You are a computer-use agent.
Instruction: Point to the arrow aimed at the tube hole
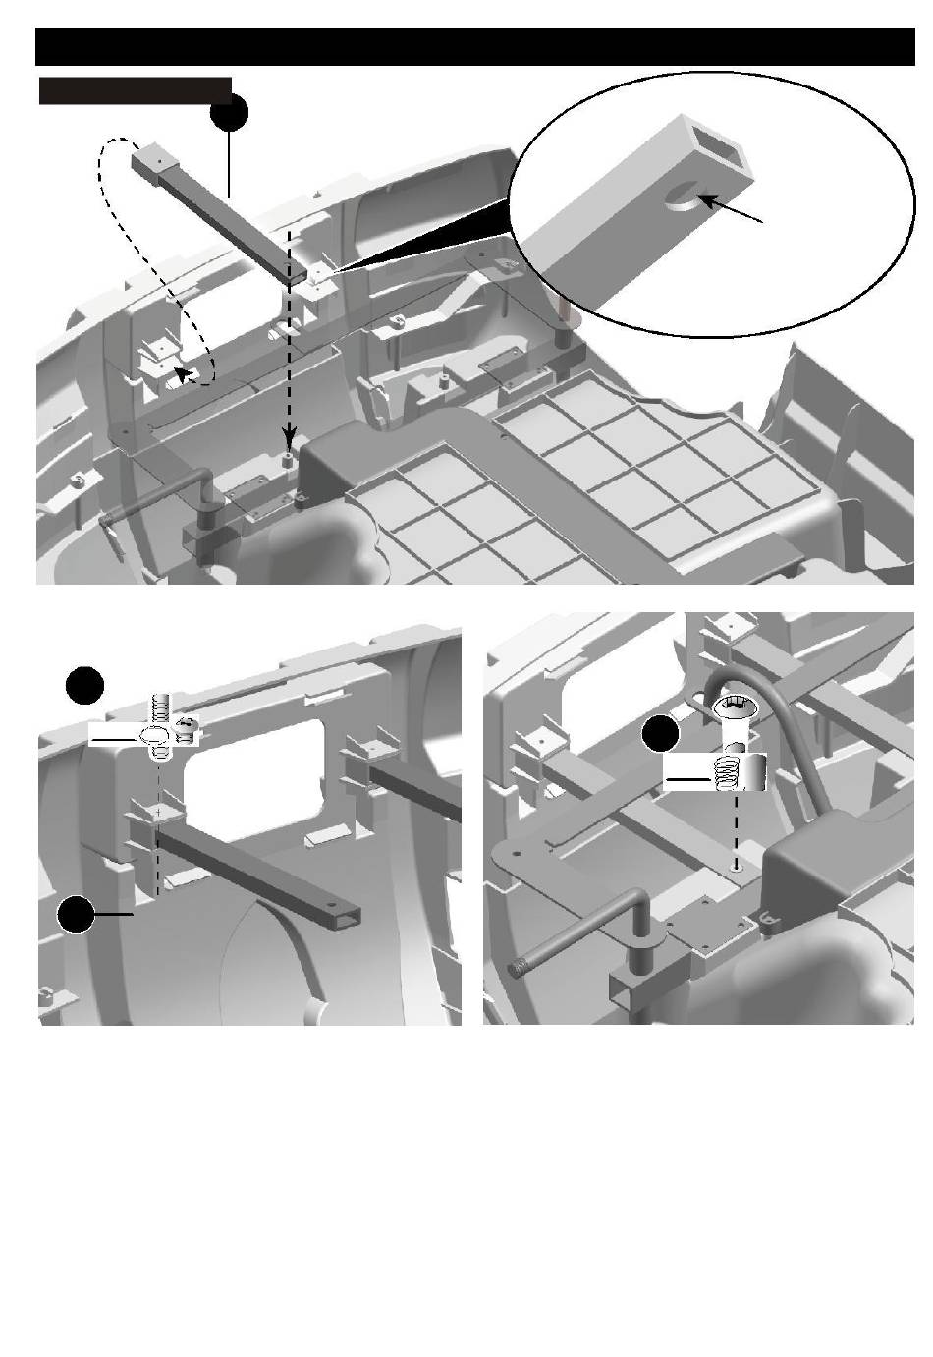click(732, 211)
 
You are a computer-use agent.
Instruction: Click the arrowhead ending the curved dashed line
click(181, 370)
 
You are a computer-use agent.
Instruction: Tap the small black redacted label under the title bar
click(135, 90)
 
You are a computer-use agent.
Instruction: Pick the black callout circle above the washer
click(84, 685)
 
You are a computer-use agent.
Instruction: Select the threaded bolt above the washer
click(160, 710)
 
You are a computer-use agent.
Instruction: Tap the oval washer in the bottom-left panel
click(154, 737)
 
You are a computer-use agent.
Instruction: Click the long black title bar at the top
click(473, 46)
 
